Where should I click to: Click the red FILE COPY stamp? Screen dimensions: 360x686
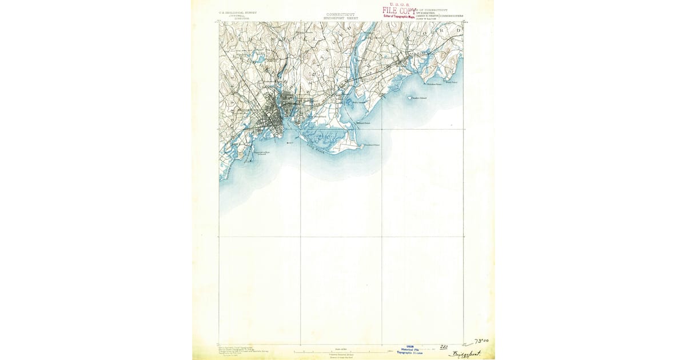(400, 10)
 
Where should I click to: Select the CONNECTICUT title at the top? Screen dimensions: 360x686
(341, 14)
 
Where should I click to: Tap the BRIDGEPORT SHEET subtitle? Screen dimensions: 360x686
(341, 18)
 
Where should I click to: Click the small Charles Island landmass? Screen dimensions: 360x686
(409, 98)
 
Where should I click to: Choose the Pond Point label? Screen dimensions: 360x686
(452, 82)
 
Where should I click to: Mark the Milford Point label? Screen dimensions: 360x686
(364, 122)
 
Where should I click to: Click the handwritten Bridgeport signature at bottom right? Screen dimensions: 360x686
(465, 354)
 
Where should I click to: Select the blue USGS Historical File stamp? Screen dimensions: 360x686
(409, 349)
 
